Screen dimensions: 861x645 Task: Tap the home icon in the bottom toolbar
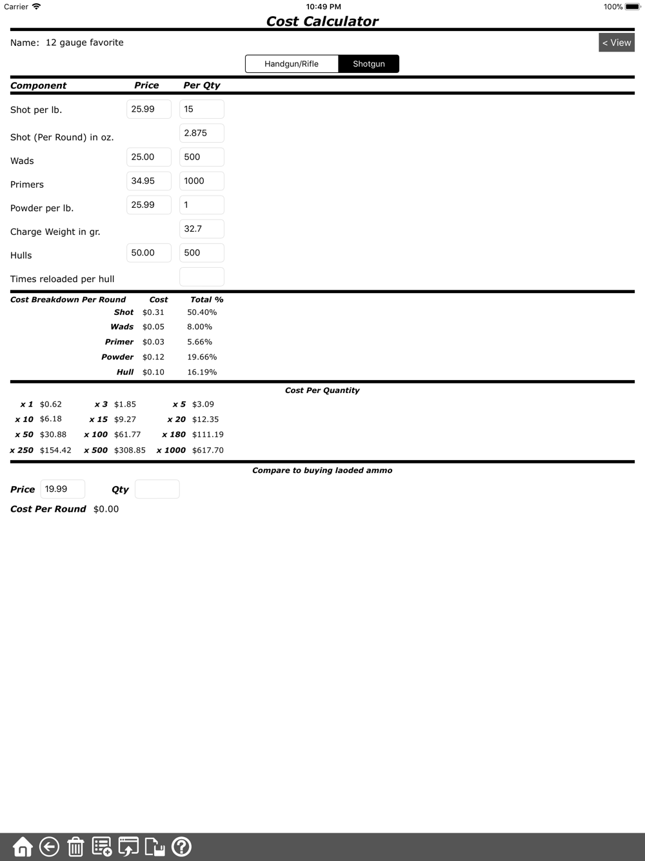23,847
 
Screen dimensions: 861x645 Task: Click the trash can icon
75,847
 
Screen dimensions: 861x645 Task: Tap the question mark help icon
181,847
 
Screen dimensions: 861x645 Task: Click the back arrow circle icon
49,847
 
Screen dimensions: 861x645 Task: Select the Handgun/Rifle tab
292,64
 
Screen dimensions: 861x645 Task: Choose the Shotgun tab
368,64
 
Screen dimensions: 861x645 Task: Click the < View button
617,43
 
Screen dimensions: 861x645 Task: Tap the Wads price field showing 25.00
149,157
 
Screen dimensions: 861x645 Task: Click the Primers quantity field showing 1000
201,181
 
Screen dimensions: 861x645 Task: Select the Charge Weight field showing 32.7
201,228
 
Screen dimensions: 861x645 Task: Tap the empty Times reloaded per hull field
201,277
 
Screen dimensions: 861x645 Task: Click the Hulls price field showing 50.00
149,252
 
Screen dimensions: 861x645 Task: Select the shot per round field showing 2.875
201,133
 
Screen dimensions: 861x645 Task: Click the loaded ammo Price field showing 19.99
63,489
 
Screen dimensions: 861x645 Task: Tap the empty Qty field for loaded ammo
157,489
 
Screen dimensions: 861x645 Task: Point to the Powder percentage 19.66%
202,357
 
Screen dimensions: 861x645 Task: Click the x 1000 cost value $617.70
208,451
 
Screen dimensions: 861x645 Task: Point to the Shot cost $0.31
154,312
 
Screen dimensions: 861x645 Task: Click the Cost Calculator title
322,21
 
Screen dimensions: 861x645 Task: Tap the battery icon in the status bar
632,7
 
